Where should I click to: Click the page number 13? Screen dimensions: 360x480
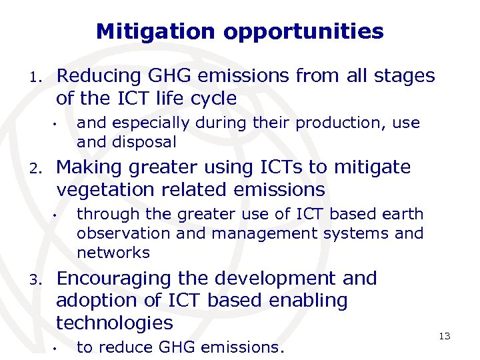coord(444,336)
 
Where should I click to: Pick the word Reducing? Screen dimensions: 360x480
coord(97,76)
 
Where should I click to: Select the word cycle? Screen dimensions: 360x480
coord(214,99)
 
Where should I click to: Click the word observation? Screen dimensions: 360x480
coord(123,233)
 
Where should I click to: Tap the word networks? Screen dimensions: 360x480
coord(113,253)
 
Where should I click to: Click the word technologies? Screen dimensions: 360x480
coord(114,323)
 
